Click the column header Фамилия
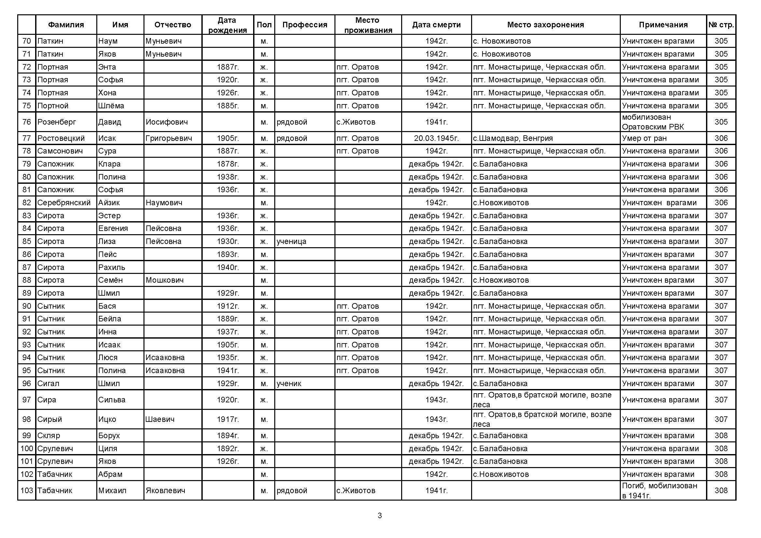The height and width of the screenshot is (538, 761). click(x=66, y=24)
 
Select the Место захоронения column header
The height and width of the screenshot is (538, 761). click(x=545, y=24)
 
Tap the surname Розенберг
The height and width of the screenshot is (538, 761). click(x=57, y=122)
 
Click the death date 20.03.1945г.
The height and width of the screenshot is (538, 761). click(x=436, y=138)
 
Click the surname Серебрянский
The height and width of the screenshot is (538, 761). click(x=64, y=202)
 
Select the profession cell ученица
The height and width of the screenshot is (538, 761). click(x=291, y=241)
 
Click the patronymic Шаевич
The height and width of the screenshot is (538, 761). click(x=160, y=419)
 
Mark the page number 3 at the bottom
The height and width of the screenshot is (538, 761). click(x=380, y=516)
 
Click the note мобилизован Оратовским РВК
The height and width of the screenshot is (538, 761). click(x=653, y=122)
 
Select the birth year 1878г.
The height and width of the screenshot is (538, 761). click(x=228, y=164)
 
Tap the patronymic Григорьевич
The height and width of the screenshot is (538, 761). click(x=169, y=138)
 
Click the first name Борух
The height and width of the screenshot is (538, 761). click(x=109, y=435)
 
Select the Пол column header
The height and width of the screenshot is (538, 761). click(x=264, y=24)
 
